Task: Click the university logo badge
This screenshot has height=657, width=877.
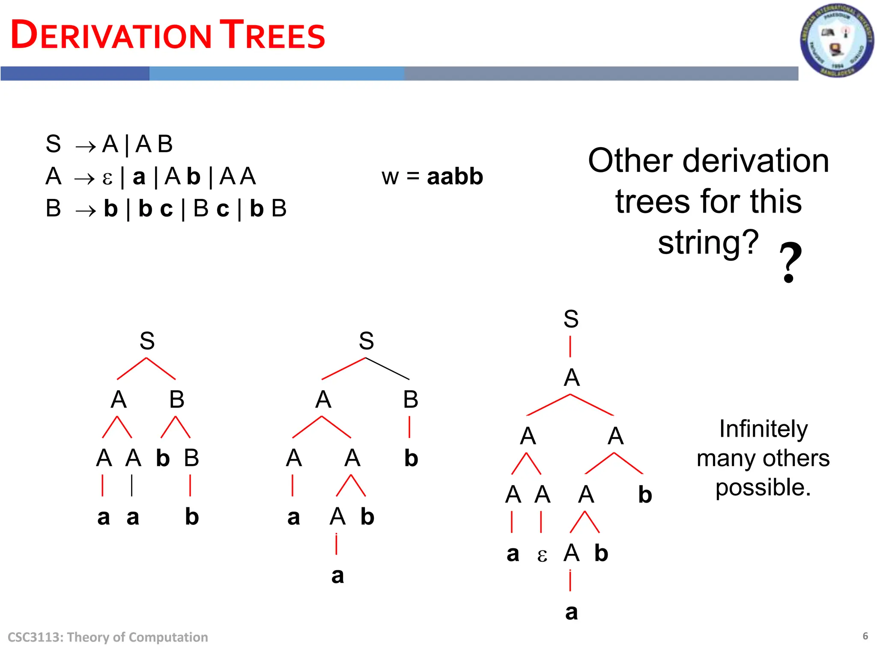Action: coord(837,40)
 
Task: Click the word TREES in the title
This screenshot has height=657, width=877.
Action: coord(272,35)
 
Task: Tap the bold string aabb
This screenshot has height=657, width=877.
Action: coord(455,176)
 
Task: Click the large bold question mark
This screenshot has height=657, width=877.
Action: coord(790,262)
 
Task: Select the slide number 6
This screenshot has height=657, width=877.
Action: coord(865,636)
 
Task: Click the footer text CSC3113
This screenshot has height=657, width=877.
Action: coord(34,637)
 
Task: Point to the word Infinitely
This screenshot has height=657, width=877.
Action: coord(763,429)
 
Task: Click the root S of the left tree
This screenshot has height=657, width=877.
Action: coord(147,341)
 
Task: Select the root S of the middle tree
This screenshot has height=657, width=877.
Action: coord(366,341)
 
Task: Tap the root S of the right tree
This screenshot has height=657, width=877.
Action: coord(571,319)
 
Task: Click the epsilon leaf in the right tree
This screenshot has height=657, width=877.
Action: coord(542,555)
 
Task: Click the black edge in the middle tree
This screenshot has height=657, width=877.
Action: coord(388,369)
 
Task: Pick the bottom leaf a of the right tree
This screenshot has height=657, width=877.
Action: coord(571,612)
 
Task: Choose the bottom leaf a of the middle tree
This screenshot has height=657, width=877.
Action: coord(337,576)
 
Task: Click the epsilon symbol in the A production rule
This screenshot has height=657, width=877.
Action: coord(107,178)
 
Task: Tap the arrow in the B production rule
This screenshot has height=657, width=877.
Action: coord(85,210)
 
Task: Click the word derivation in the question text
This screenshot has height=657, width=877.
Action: coord(756,161)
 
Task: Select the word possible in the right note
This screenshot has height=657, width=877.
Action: coord(763,488)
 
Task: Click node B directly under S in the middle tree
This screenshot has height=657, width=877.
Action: coord(410,400)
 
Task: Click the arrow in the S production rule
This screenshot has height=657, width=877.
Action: coord(85,146)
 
